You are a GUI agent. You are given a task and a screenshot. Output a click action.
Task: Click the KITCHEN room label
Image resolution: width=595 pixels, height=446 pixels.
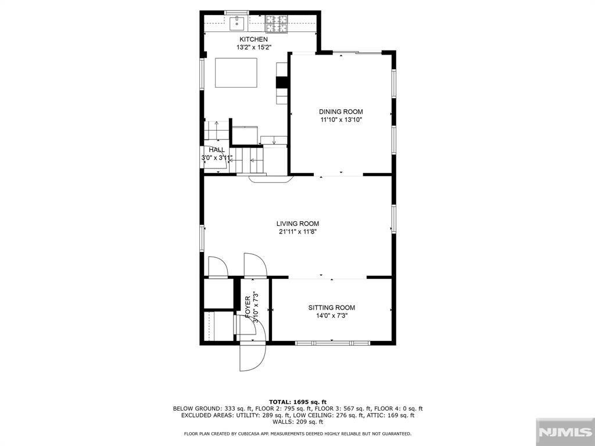click(x=253, y=39)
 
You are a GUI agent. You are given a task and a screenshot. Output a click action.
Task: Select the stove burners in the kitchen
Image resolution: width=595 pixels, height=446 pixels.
click(x=276, y=23)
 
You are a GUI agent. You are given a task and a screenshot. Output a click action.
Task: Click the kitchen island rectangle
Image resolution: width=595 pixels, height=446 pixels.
click(x=236, y=73)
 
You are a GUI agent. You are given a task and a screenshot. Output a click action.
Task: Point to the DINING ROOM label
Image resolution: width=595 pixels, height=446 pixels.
click(x=340, y=111)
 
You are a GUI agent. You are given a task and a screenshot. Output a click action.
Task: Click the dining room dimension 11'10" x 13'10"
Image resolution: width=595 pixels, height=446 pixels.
click(x=340, y=120)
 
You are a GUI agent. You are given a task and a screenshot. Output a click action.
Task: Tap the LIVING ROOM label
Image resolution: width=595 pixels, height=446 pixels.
click(x=297, y=224)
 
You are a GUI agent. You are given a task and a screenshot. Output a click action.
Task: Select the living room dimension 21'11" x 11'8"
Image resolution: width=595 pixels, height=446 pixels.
click(x=297, y=232)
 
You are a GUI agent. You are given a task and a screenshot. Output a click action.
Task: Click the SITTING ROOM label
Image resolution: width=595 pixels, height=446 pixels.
click(x=332, y=308)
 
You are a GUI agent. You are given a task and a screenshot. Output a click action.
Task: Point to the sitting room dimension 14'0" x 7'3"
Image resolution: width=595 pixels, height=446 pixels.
click(x=332, y=315)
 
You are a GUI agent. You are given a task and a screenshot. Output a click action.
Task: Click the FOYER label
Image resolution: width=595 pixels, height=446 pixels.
click(x=248, y=307)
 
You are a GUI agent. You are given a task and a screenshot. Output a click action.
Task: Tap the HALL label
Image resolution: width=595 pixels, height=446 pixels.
click(x=217, y=150)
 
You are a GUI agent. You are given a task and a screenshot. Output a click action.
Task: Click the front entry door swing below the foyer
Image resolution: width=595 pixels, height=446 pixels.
click(x=253, y=357)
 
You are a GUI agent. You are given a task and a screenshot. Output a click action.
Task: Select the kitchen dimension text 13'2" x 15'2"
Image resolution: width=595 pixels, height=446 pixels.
click(x=254, y=48)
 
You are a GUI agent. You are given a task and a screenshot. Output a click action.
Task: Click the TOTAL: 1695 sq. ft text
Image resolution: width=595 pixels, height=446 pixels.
click(x=298, y=402)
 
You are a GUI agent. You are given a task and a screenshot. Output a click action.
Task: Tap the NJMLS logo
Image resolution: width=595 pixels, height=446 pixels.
click(x=565, y=432)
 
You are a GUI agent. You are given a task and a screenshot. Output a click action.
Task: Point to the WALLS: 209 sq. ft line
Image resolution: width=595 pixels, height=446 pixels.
click(x=298, y=422)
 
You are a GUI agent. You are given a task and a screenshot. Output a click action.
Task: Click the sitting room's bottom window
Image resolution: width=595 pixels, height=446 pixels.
click(x=332, y=343)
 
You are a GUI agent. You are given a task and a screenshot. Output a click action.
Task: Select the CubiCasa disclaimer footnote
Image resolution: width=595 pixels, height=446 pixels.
click(x=298, y=433)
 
